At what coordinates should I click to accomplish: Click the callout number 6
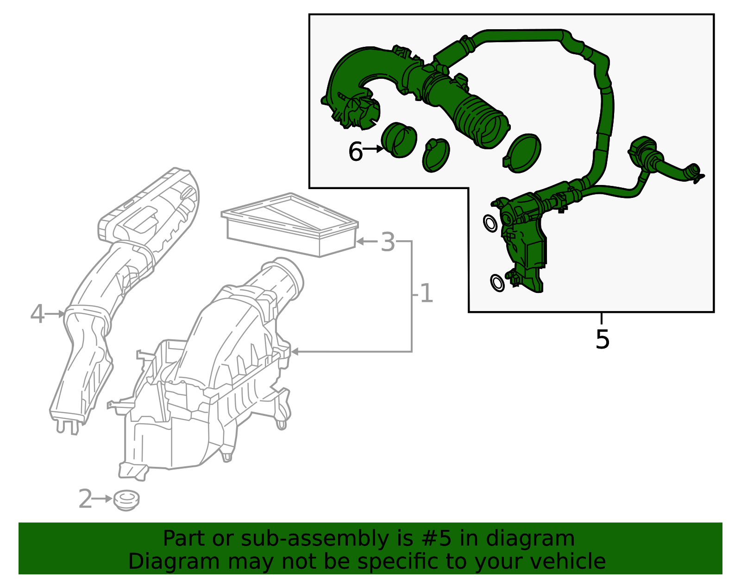coord(355,152)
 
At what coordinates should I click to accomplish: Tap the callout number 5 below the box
coord(602,340)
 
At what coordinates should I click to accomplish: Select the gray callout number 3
coord(388,242)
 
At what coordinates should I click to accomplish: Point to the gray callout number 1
coord(426,294)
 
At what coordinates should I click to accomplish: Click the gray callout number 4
coord(37,314)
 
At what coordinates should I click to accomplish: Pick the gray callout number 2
coord(85,499)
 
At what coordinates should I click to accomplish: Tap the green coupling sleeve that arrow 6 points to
coord(398,140)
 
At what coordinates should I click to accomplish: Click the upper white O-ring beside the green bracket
coord(490,223)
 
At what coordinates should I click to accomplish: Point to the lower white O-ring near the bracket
coord(497,282)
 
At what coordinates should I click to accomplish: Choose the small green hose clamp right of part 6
coord(436,155)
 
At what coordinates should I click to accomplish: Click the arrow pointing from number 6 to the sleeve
coord(373,149)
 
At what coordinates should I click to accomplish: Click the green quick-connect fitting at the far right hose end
coord(694,173)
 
